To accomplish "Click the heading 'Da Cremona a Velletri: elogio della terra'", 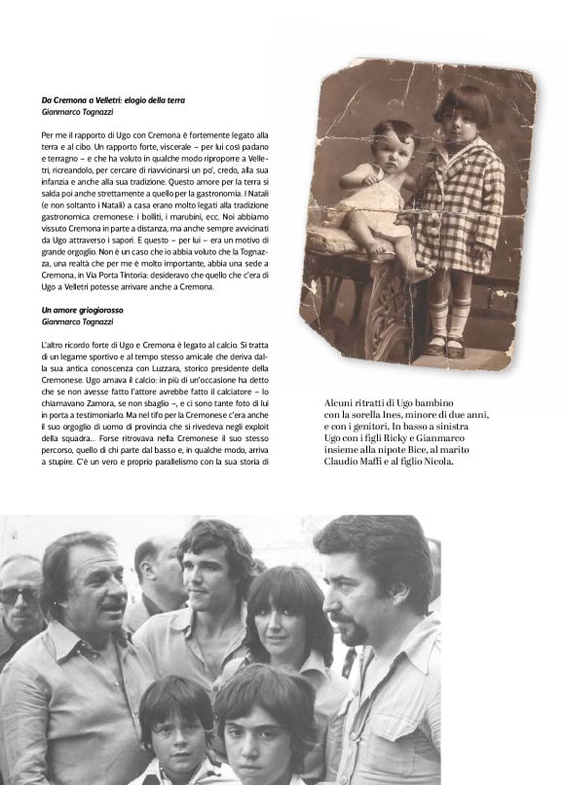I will point(114,100).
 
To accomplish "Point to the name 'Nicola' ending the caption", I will point(437,460).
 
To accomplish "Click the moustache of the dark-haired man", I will point(353,615).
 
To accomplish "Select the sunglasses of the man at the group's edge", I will point(17,593).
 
